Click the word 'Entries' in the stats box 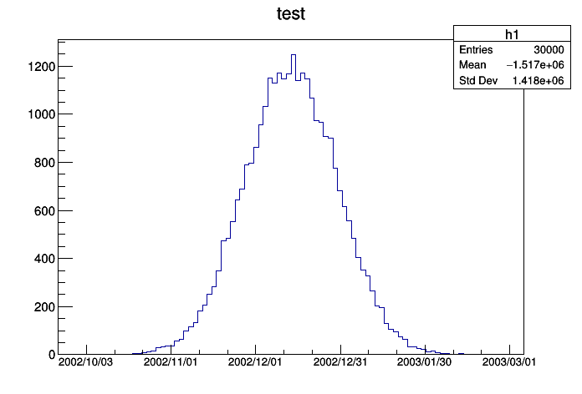point(476,50)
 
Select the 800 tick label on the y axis point(40,163)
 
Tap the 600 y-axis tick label point(40,210)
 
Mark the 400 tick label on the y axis point(40,259)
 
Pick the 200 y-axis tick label point(40,307)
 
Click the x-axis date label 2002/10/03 point(85,362)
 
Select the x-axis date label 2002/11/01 point(171,362)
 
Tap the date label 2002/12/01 point(255,362)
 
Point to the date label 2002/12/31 point(340,362)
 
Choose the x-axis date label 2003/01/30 point(425,362)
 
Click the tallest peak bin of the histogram point(293,56)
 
